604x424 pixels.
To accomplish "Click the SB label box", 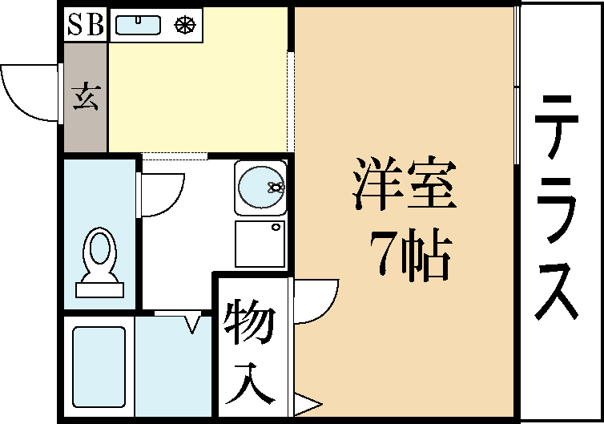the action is click(85, 24).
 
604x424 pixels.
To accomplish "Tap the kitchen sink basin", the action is click(138, 25).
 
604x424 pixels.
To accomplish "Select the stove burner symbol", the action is click(185, 25).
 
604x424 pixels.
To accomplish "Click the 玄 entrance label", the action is click(86, 97).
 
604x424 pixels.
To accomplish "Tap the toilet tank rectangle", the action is click(100, 289).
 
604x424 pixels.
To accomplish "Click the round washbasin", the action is click(261, 188).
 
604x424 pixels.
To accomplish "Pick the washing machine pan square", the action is click(260, 244).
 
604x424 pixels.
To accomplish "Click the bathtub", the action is click(99, 366).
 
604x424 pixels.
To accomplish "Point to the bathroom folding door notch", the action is click(192, 325).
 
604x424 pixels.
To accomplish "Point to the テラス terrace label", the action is click(557, 208).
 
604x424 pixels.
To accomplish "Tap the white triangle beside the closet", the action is click(307, 404).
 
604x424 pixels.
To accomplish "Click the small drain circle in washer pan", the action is click(276, 228).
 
